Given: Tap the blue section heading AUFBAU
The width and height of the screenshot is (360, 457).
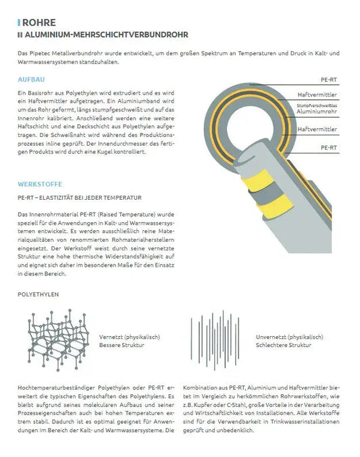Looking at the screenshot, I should (x=32, y=79).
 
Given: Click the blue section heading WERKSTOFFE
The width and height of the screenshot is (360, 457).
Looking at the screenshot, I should (x=39, y=184).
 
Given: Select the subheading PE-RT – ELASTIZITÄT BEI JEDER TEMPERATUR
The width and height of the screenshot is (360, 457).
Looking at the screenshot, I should (x=80, y=198).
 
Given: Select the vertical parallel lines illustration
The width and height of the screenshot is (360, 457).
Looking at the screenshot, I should (x=215, y=338).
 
